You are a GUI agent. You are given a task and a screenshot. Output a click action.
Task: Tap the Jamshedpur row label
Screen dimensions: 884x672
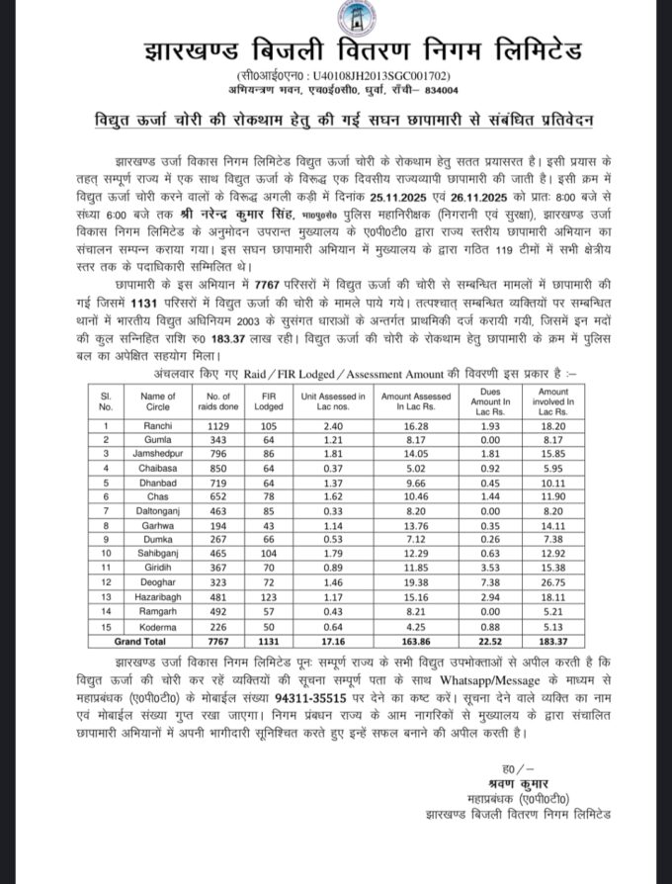click(158, 454)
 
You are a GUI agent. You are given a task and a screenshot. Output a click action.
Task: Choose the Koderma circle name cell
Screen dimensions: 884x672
click(158, 628)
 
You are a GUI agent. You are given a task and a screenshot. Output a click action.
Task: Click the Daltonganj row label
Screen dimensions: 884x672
click(158, 511)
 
